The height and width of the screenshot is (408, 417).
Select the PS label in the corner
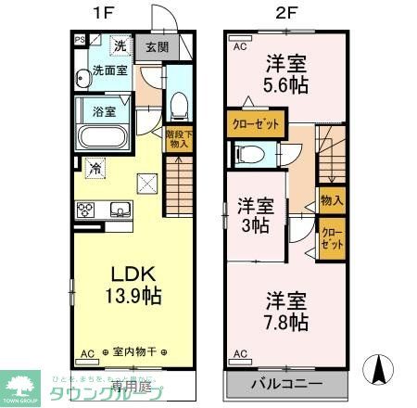click(x=80, y=40)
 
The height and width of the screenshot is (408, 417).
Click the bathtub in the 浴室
click(x=105, y=137)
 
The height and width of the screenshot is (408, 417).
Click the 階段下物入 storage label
click(x=178, y=138)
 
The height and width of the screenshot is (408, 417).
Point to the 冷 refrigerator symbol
click(x=95, y=168)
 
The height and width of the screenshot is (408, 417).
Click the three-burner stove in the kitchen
click(x=87, y=209)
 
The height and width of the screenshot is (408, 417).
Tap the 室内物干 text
click(x=133, y=353)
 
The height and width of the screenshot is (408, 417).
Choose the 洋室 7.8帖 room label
click(x=284, y=311)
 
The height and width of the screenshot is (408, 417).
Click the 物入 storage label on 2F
click(x=332, y=199)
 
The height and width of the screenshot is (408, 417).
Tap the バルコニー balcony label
click(x=286, y=384)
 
